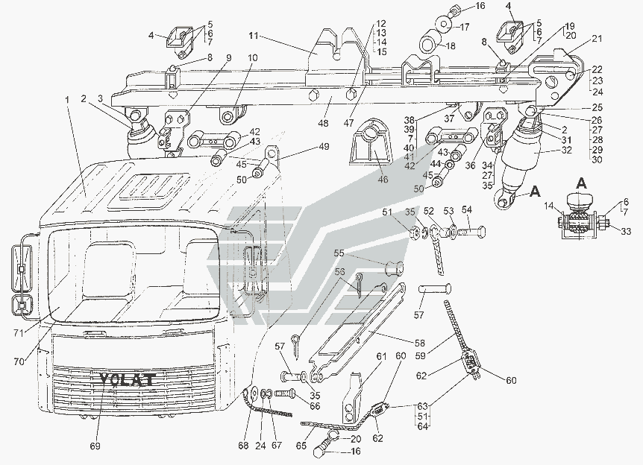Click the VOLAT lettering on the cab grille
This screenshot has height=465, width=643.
point(126,380)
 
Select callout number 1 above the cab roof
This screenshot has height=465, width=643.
point(69,100)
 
